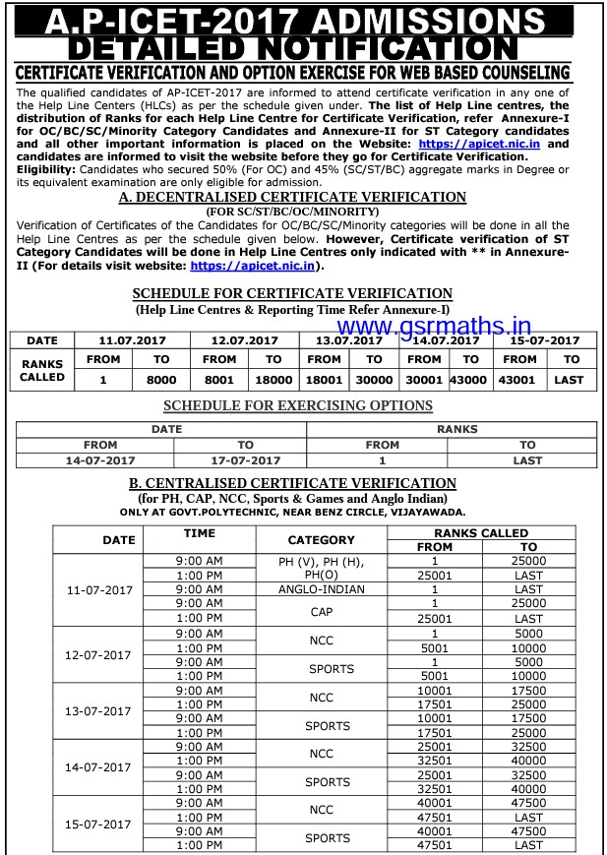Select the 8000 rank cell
click(161, 379)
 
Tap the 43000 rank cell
click(468, 379)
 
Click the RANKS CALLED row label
click(42, 370)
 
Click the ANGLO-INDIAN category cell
click(321, 589)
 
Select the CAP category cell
click(321, 611)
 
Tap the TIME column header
click(199, 532)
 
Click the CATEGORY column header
click(321, 540)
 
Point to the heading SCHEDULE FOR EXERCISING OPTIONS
click(297, 405)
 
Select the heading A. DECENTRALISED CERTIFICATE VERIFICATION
click(292, 197)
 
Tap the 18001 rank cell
click(324, 379)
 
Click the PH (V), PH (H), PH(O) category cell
click(321, 567)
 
